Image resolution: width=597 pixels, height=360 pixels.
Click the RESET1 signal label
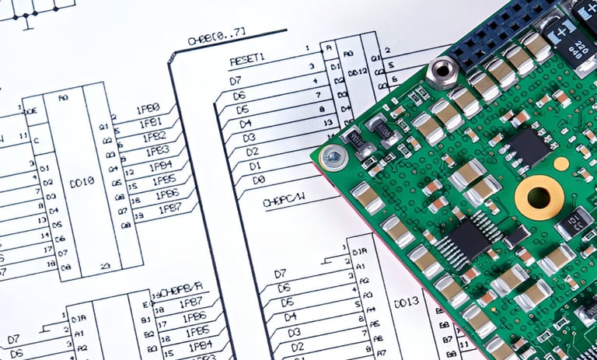247,59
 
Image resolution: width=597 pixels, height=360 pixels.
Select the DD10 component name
82,180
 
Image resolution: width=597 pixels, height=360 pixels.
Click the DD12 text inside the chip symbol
358,72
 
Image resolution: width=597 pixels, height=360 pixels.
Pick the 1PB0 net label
148,108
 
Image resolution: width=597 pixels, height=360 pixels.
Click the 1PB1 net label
151,122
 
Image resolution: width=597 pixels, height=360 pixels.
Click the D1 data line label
255,166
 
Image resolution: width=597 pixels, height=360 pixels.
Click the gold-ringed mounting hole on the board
538,197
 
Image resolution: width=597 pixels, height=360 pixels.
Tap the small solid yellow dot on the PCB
560,163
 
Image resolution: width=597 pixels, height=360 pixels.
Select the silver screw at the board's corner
333,158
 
